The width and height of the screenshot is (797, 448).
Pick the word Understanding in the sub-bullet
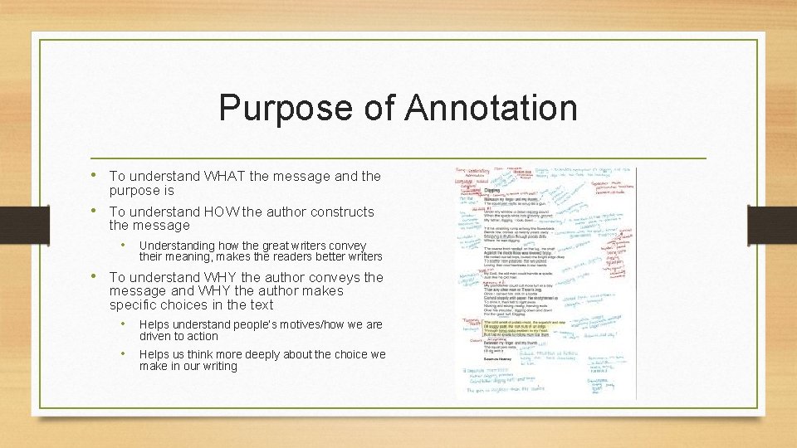174,246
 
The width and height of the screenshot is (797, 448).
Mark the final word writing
220,366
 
